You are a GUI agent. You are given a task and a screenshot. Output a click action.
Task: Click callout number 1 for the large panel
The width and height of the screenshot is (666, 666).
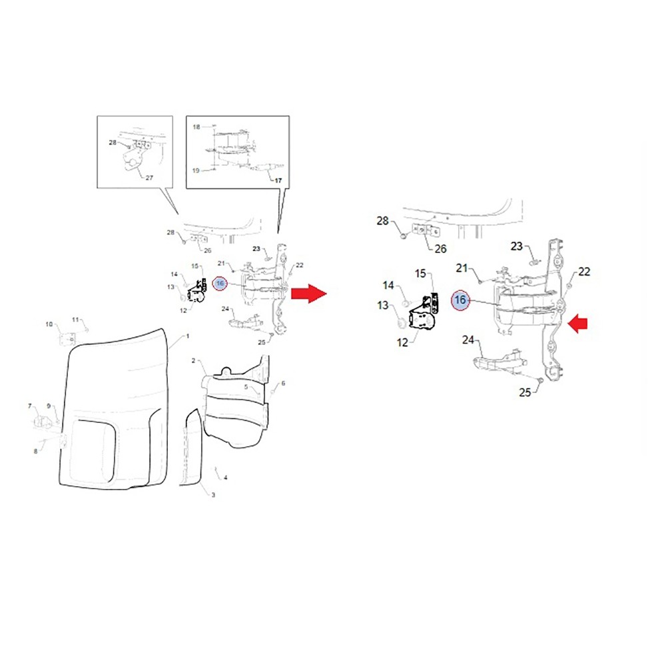tap(188, 336)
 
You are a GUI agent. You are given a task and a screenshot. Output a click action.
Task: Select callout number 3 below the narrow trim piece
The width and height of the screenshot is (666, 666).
tap(213, 495)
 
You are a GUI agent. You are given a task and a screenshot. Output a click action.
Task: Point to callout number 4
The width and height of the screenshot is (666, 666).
tap(226, 478)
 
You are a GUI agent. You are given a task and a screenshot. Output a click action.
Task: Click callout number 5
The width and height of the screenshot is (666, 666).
tap(246, 386)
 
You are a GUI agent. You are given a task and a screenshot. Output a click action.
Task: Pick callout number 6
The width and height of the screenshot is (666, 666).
tap(283, 383)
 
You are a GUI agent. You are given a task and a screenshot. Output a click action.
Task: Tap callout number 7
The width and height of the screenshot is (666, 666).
tap(29, 406)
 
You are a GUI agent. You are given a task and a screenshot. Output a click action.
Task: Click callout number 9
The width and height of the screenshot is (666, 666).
tap(49, 406)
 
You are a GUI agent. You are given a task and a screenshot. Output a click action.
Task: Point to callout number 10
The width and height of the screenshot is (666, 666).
tap(49, 324)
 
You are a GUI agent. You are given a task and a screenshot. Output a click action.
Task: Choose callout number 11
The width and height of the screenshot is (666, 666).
tap(75, 319)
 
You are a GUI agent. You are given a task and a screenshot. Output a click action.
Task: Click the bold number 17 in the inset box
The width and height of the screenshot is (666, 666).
tap(278, 180)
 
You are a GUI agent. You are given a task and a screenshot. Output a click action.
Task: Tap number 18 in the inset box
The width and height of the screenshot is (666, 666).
tap(196, 126)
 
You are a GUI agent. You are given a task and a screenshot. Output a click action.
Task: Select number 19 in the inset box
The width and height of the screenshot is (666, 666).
tap(196, 170)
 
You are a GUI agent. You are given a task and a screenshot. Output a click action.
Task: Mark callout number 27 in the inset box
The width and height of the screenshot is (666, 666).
tap(149, 177)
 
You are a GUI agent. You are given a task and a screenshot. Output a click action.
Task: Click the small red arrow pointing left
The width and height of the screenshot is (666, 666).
tap(578, 324)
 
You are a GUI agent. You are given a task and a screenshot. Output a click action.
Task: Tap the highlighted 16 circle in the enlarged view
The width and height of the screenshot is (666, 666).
tap(460, 300)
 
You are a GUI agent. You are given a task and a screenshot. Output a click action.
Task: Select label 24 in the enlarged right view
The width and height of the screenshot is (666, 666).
tap(469, 340)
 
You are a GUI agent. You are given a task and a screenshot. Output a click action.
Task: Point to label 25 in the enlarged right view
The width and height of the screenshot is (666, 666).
tap(525, 392)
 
